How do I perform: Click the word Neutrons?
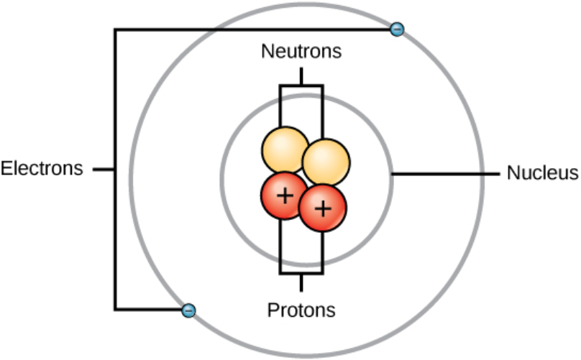tap(301, 52)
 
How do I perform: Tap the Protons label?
tap(301, 310)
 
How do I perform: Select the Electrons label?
tap(42, 170)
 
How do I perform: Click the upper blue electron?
tap(396, 29)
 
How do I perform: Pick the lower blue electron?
tap(188, 310)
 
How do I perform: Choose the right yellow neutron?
tap(326, 161)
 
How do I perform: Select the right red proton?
tap(323, 209)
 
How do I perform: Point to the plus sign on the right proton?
tap(324, 208)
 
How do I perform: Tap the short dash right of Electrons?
tap(104, 170)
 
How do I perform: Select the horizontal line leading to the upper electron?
tap(252, 29)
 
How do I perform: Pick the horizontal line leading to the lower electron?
tap(147, 310)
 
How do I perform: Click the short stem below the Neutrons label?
tap(301, 75)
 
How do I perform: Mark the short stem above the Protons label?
tap(301, 282)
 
